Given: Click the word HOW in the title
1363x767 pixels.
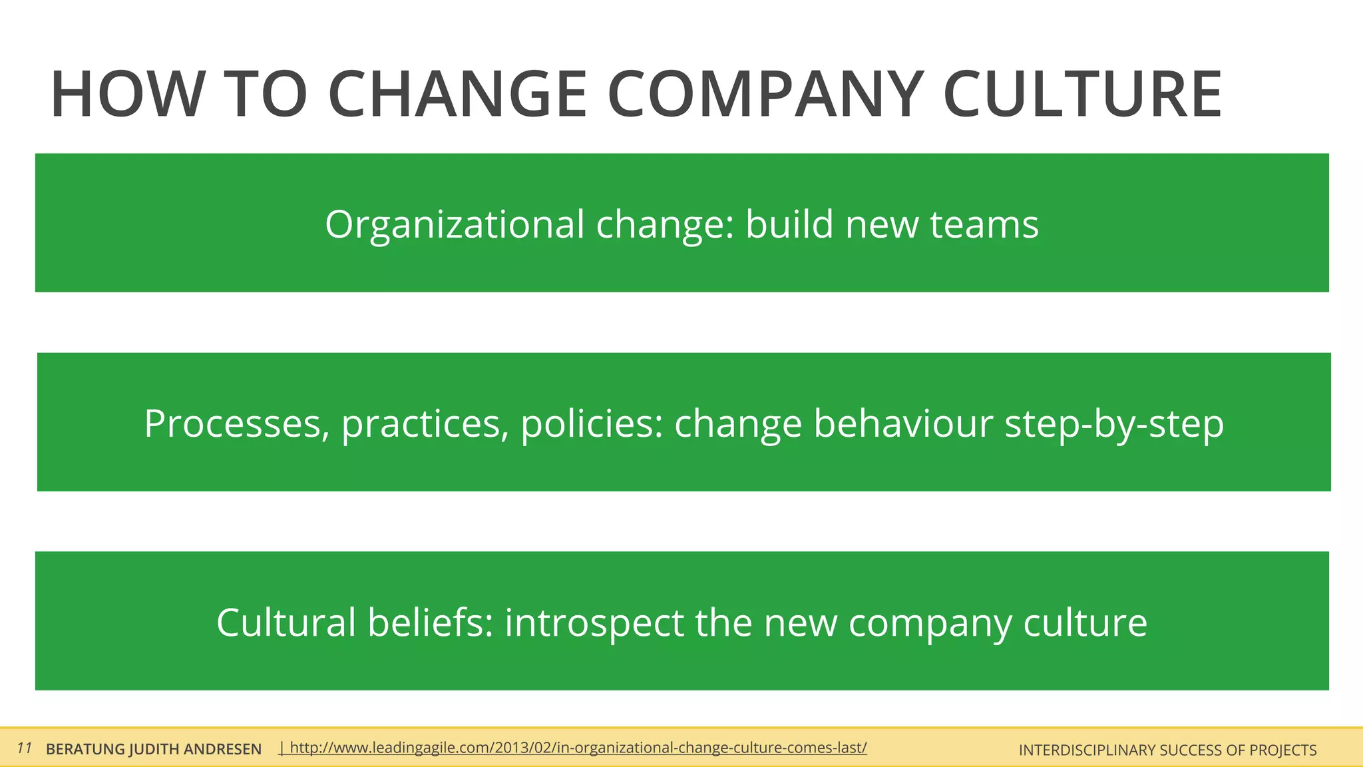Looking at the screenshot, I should click(x=126, y=95).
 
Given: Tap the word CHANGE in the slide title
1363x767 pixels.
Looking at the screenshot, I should click(x=457, y=95).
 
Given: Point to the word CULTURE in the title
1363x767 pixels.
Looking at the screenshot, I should click(x=1082, y=95).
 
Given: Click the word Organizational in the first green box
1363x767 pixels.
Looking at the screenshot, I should click(x=455, y=224).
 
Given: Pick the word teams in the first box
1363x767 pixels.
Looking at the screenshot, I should click(x=984, y=224).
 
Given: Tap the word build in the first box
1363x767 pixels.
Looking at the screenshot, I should click(x=789, y=224).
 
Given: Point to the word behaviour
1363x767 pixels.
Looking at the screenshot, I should click(x=903, y=424).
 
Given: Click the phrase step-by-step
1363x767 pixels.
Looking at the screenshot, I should click(x=1113, y=424).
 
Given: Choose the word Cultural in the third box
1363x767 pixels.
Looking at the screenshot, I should click(x=286, y=623).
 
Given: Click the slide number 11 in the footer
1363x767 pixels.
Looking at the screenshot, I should click(x=25, y=748).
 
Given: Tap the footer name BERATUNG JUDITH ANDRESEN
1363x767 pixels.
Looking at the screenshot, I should click(x=154, y=750).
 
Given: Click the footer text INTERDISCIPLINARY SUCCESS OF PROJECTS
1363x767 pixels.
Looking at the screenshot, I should click(x=1167, y=750).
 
